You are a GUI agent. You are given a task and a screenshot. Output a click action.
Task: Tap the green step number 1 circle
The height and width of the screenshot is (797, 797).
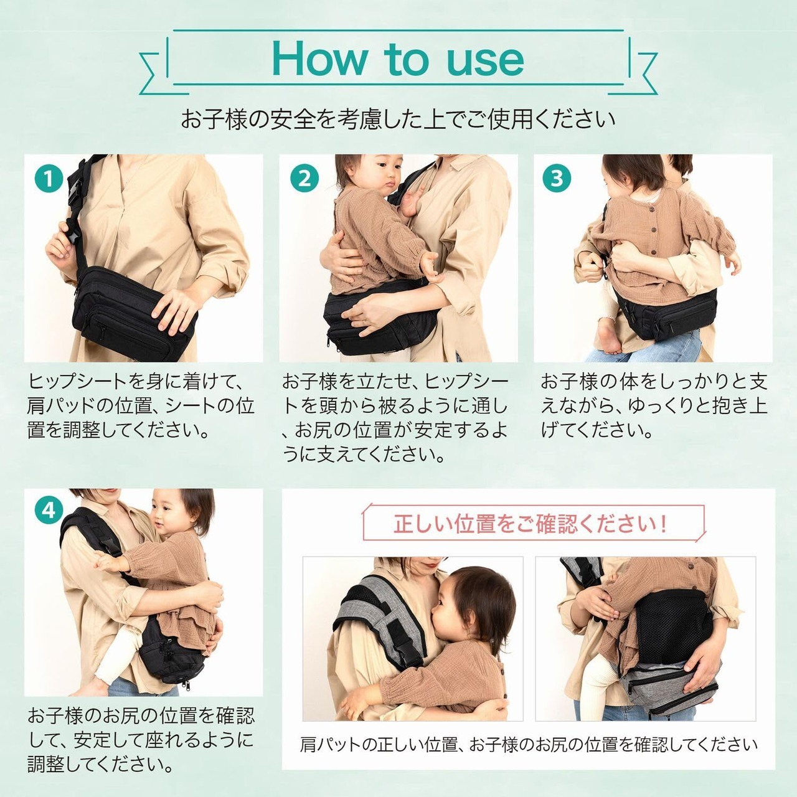coord(49,179)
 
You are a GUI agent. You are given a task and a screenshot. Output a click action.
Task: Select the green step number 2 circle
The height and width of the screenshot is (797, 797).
coord(304,179)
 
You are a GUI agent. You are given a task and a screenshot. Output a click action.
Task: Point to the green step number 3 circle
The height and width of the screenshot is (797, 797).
coord(556,179)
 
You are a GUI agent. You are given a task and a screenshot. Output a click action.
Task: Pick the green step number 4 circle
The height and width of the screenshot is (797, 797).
coord(49,511)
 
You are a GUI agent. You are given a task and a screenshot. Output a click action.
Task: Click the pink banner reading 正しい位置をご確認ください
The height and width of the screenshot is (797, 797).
coord(534,522)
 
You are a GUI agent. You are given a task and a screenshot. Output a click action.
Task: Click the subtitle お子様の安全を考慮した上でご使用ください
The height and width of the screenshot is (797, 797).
coord(398,119)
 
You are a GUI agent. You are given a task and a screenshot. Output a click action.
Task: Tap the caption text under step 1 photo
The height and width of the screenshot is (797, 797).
coord(141,406)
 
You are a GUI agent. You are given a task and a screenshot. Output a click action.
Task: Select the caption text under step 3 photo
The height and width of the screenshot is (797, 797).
coord(654,406)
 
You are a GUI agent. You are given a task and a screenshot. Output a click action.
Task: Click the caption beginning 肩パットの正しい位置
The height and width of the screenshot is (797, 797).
coord(529,745)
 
